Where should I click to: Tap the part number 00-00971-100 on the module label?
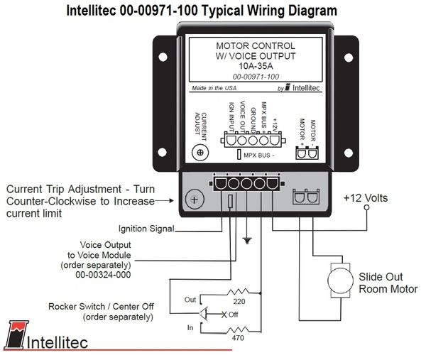[x=256, y=75]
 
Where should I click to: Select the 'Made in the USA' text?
[x=214, y=89]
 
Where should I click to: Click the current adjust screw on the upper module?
[x=201, y=153]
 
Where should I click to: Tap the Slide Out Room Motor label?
[x=388, y=283]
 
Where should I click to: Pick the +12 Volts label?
[x=366, y=197]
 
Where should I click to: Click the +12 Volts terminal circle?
[x=366, y=211]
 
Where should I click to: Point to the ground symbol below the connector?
[x=246, y=241]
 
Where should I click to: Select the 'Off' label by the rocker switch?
[x=231, y=314]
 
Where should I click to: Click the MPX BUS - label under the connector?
[x=258, y=153]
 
